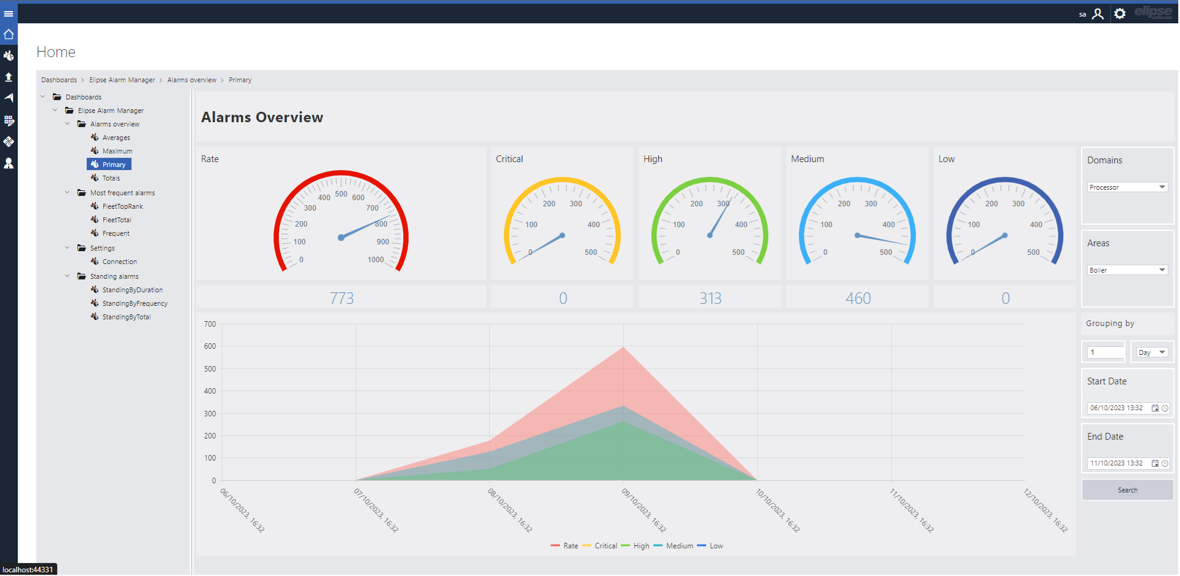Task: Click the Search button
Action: [x=1127, y=490]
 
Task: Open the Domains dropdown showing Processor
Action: [x=1127, y=187]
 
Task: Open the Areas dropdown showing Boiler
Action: [x=1127, y=270]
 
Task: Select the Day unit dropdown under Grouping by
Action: [x=1152, y=352]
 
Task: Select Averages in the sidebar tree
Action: [x=116, y=138]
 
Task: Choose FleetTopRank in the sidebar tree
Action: [x=122, y=206]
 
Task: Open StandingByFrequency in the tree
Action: [x=135, y=303]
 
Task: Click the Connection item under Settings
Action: [x=119, y=262]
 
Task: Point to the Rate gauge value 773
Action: [x=342, y=298]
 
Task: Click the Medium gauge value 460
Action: [x=858, y=298]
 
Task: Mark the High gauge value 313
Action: [x=710, y=298]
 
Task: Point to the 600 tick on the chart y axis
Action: [x=210, y=346]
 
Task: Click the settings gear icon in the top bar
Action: [x=1120, y=14]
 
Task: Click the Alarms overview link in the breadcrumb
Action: [x=192, y=80]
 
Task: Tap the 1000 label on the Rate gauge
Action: [x=376, y=260]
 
